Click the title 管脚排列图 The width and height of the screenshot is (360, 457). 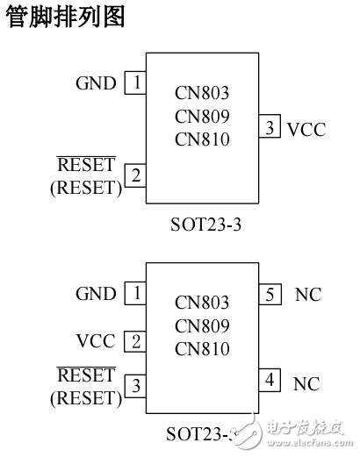tap(64, 17)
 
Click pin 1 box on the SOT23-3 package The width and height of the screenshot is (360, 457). tap(135, 83)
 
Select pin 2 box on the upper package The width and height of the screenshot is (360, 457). tap(135, 175)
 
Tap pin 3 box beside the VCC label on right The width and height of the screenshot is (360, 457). tap(270, 129)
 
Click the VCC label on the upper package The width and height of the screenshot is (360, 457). tap(306, 130)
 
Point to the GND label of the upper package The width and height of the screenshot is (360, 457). tap(96, 83)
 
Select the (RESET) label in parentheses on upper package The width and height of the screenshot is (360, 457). tap(86, 187)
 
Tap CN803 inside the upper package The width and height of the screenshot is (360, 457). tap(202, 93)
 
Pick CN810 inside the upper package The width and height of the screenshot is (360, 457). tap(202, 139)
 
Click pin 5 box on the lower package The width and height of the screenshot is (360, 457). tap(270, 294)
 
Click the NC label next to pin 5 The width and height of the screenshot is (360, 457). tap(307, 295)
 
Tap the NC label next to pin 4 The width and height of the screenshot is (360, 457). tap(307, 383)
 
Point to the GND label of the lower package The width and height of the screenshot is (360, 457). tap(96, 294)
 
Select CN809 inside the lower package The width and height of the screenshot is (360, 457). tap(202, 326)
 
